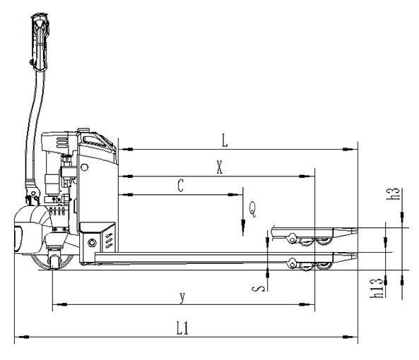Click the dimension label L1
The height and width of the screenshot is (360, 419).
click(x=182, y=328)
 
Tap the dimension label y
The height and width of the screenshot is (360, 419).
click(x=182, y=298)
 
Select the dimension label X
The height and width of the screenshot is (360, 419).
click(x=219, y=167)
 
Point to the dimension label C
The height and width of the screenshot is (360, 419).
click(x=181, y=186)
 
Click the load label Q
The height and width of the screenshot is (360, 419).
click(x=252, y=209)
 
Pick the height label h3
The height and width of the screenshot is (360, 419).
click(x=394, y=194)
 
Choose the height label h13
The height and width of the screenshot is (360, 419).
click(x=377, y=288)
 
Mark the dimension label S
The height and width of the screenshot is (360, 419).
click(x=259, y=288)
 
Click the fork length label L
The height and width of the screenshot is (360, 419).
click(x=225, y=140)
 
